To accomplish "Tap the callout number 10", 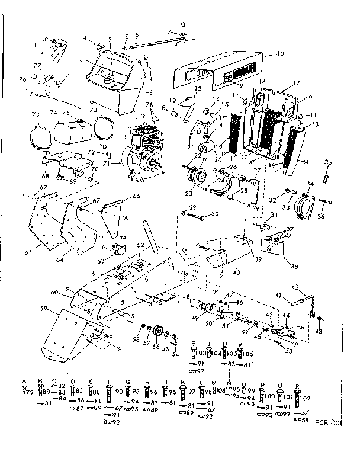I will pos(281,53).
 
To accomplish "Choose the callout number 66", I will pos(136,196).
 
